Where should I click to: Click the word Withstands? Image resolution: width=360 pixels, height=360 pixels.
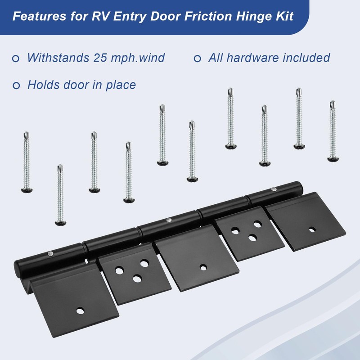58,58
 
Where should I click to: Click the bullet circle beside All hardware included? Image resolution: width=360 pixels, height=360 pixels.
197,58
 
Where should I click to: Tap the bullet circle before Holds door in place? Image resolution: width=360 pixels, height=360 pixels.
16,85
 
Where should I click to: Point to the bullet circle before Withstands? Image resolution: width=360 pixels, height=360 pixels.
16,58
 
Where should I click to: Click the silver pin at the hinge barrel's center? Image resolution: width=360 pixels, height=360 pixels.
168,220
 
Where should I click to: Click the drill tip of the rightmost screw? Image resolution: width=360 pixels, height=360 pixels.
332,103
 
